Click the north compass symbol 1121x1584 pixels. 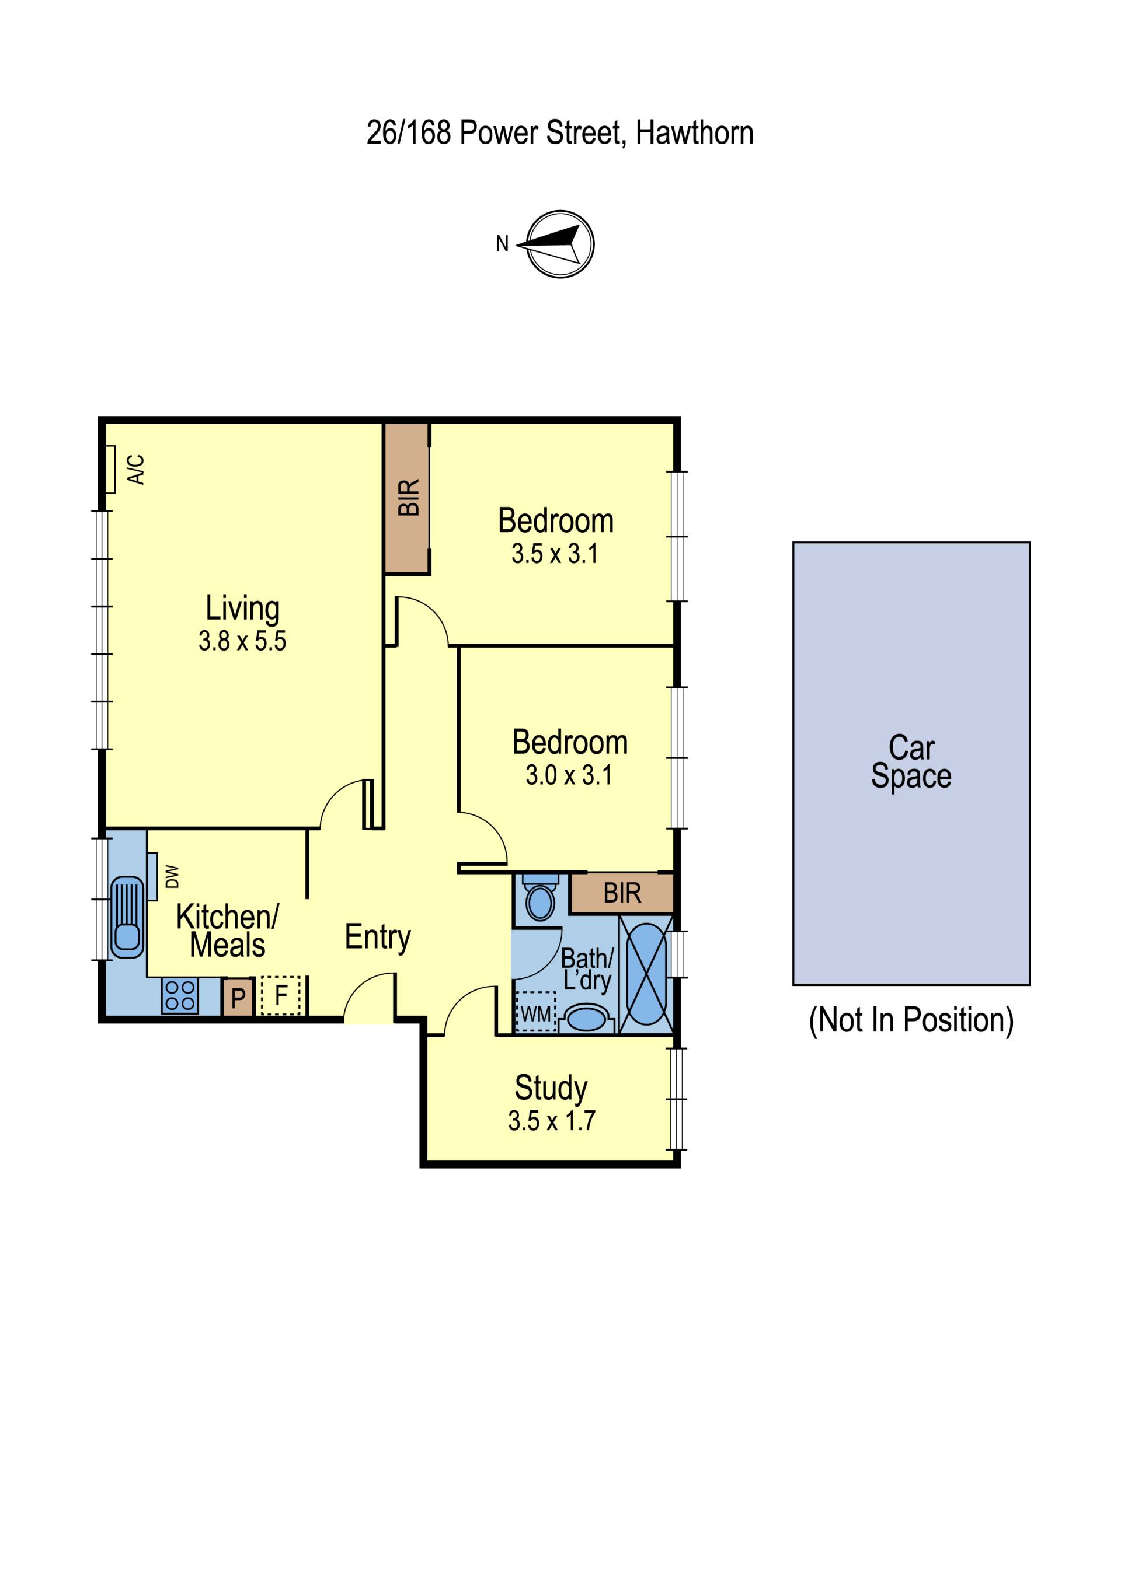(x=560, y=244)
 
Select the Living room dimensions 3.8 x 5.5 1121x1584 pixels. (x=242, y=641)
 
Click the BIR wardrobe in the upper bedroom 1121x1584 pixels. (x=408, y=498)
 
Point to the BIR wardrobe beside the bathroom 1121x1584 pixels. (x=622, y=893)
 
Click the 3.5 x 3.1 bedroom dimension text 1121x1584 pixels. (x=555, y=554)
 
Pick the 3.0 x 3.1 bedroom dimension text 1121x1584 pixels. (x=569, y=775)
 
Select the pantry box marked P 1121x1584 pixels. (x=238, y=997)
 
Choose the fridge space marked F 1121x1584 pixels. (x=281, y=995)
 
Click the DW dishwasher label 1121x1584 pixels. (x=172, y=877)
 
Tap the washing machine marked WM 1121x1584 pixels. (x=535, y=1013)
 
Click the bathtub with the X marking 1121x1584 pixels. (x=645, y=974)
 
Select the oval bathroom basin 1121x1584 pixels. (x=586, y=1019)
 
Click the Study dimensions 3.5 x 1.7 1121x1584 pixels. (x=552, y=1121)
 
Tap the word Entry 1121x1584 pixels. (x=378, y=938)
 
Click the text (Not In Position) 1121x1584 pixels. (x=911, y=1020)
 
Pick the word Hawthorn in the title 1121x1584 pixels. (x=694, y=132)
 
